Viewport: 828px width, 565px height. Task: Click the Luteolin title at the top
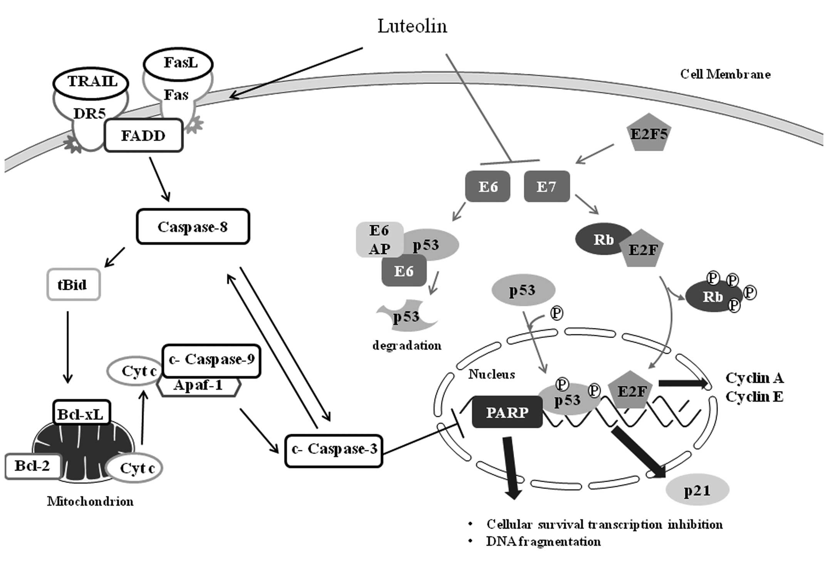pos(412,26)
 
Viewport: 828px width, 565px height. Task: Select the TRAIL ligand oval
pos(91,82)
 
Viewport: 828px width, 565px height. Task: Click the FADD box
pos(143,135)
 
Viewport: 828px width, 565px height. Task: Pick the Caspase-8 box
pos(193,227)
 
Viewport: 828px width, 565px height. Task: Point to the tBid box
pos(73,285)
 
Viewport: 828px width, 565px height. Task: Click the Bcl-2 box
pos(32,466)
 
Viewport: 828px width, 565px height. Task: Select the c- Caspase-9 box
pos(211,360)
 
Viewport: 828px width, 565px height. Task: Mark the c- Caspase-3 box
pos(334,449)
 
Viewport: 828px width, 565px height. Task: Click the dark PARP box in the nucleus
pos(507,412)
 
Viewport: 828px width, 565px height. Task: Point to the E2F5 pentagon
pos(649,134)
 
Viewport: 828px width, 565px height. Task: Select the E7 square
pos(546,187)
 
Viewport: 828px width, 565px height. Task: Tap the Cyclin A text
pos(754,378)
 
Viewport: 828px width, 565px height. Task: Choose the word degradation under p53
pos(407,346)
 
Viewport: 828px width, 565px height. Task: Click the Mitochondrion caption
pos(90,501)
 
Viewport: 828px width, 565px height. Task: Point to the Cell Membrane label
pos(725,74)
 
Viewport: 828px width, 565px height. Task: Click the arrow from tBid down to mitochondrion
pos(68,346)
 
